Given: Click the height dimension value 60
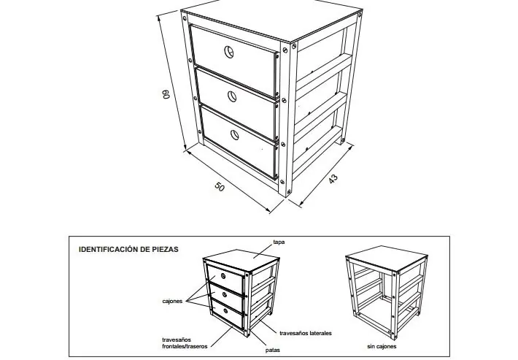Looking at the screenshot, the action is tap(166, 93).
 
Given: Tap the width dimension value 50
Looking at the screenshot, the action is tap(220, 187).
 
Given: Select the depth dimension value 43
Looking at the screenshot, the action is tap(333, 178).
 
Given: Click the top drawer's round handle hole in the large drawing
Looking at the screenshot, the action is tap(229, 52).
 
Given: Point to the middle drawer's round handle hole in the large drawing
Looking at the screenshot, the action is tap(232, 96).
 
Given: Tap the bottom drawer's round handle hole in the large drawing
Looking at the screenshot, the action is tap(235, 135).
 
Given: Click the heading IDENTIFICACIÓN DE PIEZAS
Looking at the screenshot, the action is tap(128, 249).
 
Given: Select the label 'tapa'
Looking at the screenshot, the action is tap(279, 242).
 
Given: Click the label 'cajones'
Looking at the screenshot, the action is tap(172, 301).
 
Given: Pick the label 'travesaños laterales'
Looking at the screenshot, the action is tap(306, 333).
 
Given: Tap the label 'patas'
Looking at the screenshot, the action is tap(273, 350).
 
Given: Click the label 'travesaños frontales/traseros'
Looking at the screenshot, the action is tap(185, 342).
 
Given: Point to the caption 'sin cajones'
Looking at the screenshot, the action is tap(382, 346).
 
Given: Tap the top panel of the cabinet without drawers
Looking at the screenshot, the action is tap(387, 258).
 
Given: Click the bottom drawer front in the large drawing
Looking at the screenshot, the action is tap(239, 142).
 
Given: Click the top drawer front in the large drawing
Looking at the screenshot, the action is tap(233, 59).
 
